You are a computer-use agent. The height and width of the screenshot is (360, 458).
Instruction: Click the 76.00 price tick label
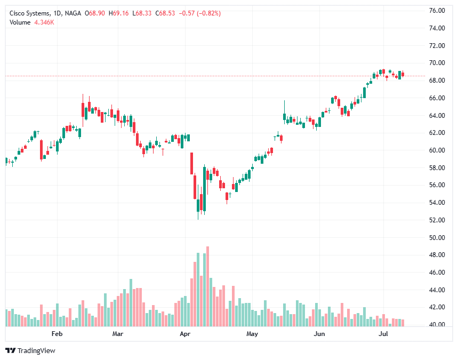click(x=437, y=11)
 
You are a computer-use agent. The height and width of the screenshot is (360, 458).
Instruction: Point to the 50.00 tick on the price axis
click(x=437, y=237)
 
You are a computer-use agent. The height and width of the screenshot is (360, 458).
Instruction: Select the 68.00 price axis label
click(x=437, y=81)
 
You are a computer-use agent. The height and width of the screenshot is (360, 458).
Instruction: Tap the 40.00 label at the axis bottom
click(x=437, y=325)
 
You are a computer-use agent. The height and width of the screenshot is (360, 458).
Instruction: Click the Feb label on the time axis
click(x=57, y=334)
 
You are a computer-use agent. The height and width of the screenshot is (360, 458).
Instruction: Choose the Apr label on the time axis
click(x=185, y=334)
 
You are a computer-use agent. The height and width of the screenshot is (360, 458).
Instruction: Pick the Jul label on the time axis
click(x=382, y=334)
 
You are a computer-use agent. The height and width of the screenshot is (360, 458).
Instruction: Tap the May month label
click(x=252, y=334)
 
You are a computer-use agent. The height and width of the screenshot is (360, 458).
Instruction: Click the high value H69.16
click(x=118, y=12)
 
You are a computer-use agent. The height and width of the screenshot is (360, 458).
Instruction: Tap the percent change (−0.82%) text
click(x=205, y=12)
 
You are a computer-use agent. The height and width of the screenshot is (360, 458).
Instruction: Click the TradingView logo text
click(x=36, y=350)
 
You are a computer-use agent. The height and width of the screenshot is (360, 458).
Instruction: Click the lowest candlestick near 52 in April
click(x=198, y=205)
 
